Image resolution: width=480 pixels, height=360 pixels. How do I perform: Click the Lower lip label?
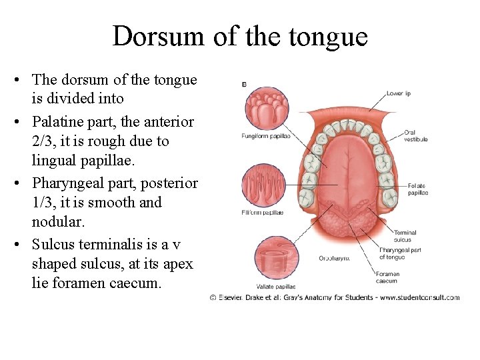(398, 93)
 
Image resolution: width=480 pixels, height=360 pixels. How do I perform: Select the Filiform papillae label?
(262, 212)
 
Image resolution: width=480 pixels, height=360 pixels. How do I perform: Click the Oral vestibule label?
(415, 136)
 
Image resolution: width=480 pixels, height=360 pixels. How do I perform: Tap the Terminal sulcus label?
(405, 235)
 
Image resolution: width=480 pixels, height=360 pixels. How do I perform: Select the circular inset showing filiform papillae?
(263, 185)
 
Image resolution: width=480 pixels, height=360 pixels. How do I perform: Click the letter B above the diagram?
(244, 84)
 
